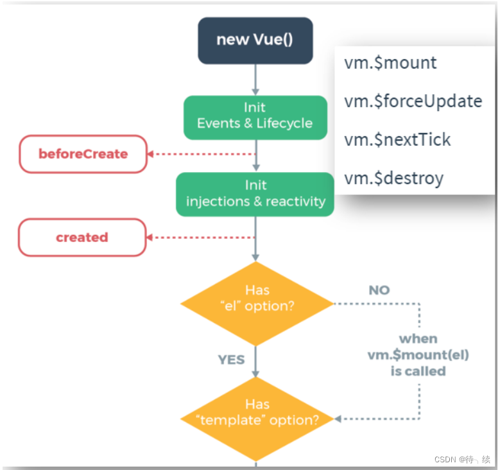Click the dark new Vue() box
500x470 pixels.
tap(254, 39)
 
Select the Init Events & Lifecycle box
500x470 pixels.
tap(255, 116)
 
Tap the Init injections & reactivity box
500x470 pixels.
tap(255, 193)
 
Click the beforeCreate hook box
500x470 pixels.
tap(83, 154)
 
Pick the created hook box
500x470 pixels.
tap(82, 238)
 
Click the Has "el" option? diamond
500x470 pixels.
tap(256, 299)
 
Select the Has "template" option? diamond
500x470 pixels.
tap(256, 412)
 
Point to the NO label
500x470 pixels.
tap(379, 290)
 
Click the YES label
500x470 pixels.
tap(231, 360)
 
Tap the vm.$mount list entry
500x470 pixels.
tap(390, 63)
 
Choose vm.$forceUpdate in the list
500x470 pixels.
tap(413, 101)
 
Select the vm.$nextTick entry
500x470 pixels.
tap(397, 139)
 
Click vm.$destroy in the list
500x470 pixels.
tap(393, 178)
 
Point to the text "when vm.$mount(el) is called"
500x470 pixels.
tap(418, 354)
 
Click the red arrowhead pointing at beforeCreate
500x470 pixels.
tap(151, 154)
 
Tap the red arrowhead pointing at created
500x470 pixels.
tap(150, 238)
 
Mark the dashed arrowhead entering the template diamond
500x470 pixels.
tap(338, 419)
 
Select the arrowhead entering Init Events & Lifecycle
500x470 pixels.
tap(255, 91)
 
